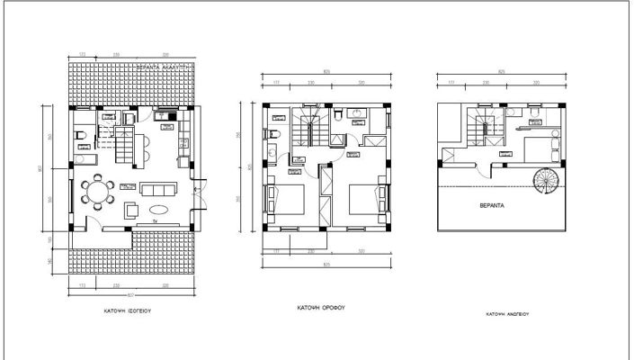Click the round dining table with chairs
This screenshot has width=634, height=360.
(96, 193)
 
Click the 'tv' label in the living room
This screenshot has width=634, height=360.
(154, 220)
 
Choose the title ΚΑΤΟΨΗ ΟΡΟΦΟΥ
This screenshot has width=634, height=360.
(322, 306)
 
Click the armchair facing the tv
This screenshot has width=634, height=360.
(131, 211)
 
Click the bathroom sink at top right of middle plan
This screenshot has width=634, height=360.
(357, 113)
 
